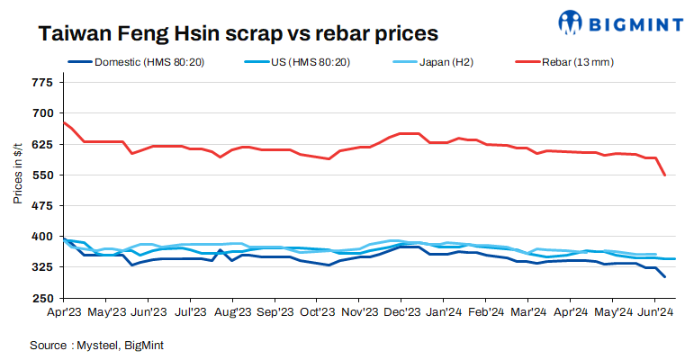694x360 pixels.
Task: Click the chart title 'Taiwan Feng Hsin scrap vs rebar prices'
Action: [x=238, y=33]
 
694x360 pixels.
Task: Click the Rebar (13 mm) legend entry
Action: [x=577, y=62]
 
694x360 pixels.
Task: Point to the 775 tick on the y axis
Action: [x=42, y=83]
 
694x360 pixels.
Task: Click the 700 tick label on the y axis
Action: [x=42, y=113]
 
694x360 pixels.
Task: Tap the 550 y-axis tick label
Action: [x=42, y=175]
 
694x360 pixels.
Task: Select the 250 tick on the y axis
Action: [x=42, y=298]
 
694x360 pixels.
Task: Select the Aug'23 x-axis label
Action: [x=232, y=312]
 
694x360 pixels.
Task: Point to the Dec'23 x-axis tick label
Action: [x=401, y=312]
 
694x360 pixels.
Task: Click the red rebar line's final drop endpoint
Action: [x=665, y=175]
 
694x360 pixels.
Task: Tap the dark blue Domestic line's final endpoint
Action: [x=665, y=277]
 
